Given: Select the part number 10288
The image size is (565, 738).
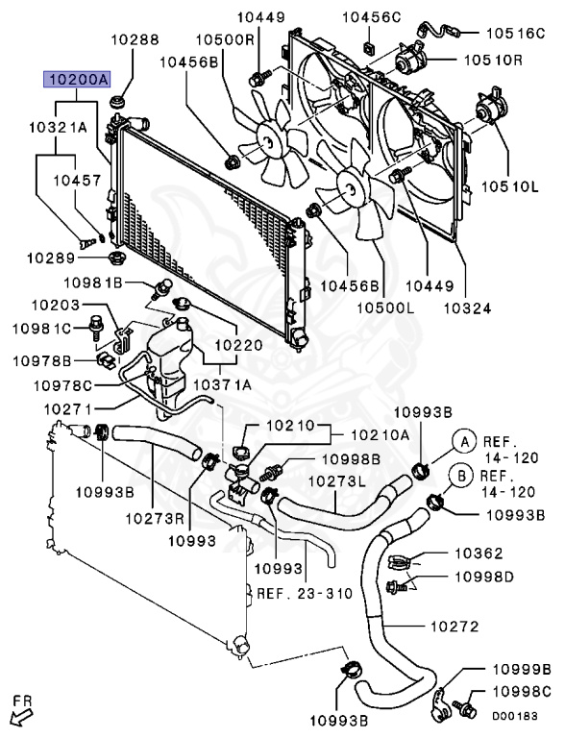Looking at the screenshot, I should point(134,40).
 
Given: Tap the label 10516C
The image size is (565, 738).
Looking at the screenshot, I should point(519,33).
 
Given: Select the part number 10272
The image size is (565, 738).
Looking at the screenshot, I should point(454,627).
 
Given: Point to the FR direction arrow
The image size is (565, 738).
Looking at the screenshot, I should point(20,711).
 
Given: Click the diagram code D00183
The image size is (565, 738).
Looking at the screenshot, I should point(515,716).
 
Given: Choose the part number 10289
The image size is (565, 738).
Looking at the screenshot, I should point(50,258).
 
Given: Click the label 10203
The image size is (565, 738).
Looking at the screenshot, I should point(55,305).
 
